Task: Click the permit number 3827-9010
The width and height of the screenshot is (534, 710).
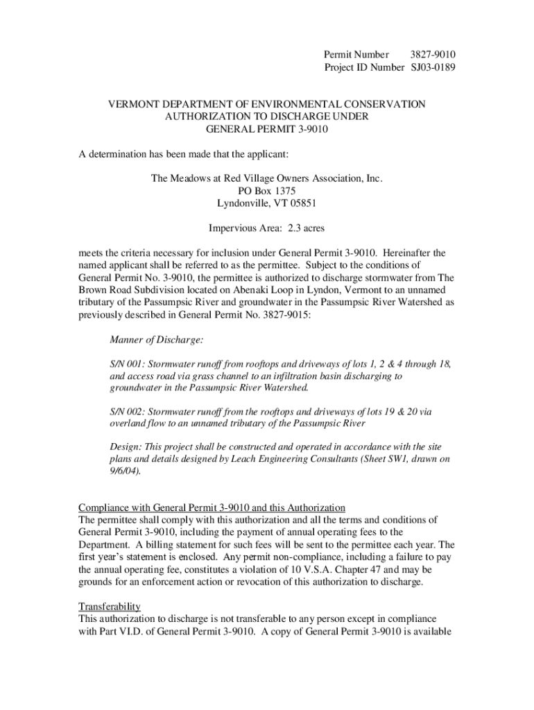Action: tap(432, 54)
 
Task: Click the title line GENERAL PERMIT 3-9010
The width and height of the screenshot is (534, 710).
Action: tap(267, 129)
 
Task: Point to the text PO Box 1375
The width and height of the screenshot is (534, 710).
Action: tap(267, 191)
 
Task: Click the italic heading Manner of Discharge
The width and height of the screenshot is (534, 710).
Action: tap(157, 340)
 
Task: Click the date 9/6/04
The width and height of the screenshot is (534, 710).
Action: tap(127, 471)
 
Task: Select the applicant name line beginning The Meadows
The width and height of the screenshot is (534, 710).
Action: tap(267, 178)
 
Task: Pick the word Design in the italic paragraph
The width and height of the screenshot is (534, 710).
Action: tap(125, 447)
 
